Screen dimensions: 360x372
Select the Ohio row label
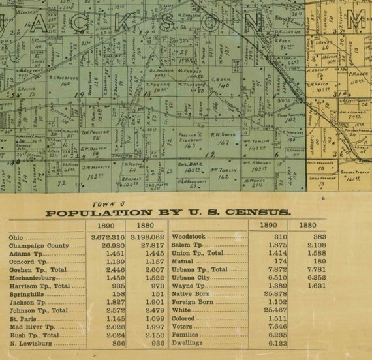(x=15, y=237)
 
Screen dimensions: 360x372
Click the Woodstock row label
(x=189, y=237)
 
